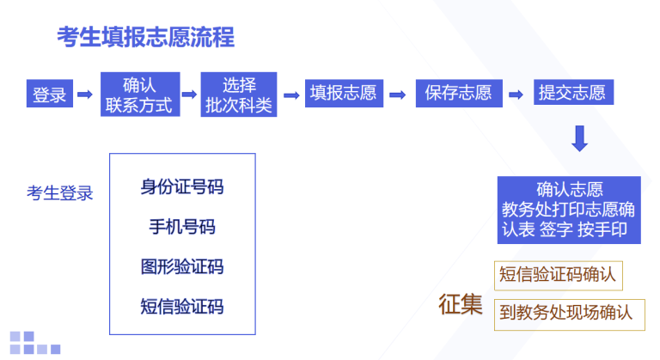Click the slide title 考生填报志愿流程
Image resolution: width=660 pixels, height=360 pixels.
(x=145, y=37)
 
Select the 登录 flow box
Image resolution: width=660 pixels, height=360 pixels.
(x=50, y=94)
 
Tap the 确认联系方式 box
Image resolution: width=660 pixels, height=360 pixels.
(x=140, y=95)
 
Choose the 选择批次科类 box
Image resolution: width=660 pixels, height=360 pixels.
(x=239, y=95)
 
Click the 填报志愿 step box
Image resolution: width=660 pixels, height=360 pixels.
(x=344, y=93)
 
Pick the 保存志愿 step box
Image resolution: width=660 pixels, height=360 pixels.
(x=459, y=93)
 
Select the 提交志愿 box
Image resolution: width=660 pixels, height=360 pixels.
(x=573, y=92)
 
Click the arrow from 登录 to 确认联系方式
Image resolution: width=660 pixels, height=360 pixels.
(x=85, y=94)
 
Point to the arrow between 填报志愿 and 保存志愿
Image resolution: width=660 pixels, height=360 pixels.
(x=398, y=95)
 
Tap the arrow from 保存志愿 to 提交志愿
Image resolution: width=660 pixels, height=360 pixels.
(x=516, y=95)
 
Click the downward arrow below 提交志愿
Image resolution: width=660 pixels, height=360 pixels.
(x=579, y=138)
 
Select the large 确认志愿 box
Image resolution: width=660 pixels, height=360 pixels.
(x=569, y=211)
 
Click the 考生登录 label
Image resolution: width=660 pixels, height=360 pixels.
(x=60, y=193)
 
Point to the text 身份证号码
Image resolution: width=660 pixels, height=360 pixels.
(x=182, y=187)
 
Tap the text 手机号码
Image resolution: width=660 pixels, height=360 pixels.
(x=182, y=227)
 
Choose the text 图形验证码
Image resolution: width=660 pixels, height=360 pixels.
(x=182, y=267)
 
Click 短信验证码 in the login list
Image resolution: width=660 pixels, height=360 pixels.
(x=182, y=307)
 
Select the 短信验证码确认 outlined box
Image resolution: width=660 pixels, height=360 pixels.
(x=558, y=276)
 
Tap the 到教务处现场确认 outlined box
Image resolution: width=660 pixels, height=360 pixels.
(x=570, y=315)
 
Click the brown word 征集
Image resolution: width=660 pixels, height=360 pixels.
(x=461, y=304)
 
